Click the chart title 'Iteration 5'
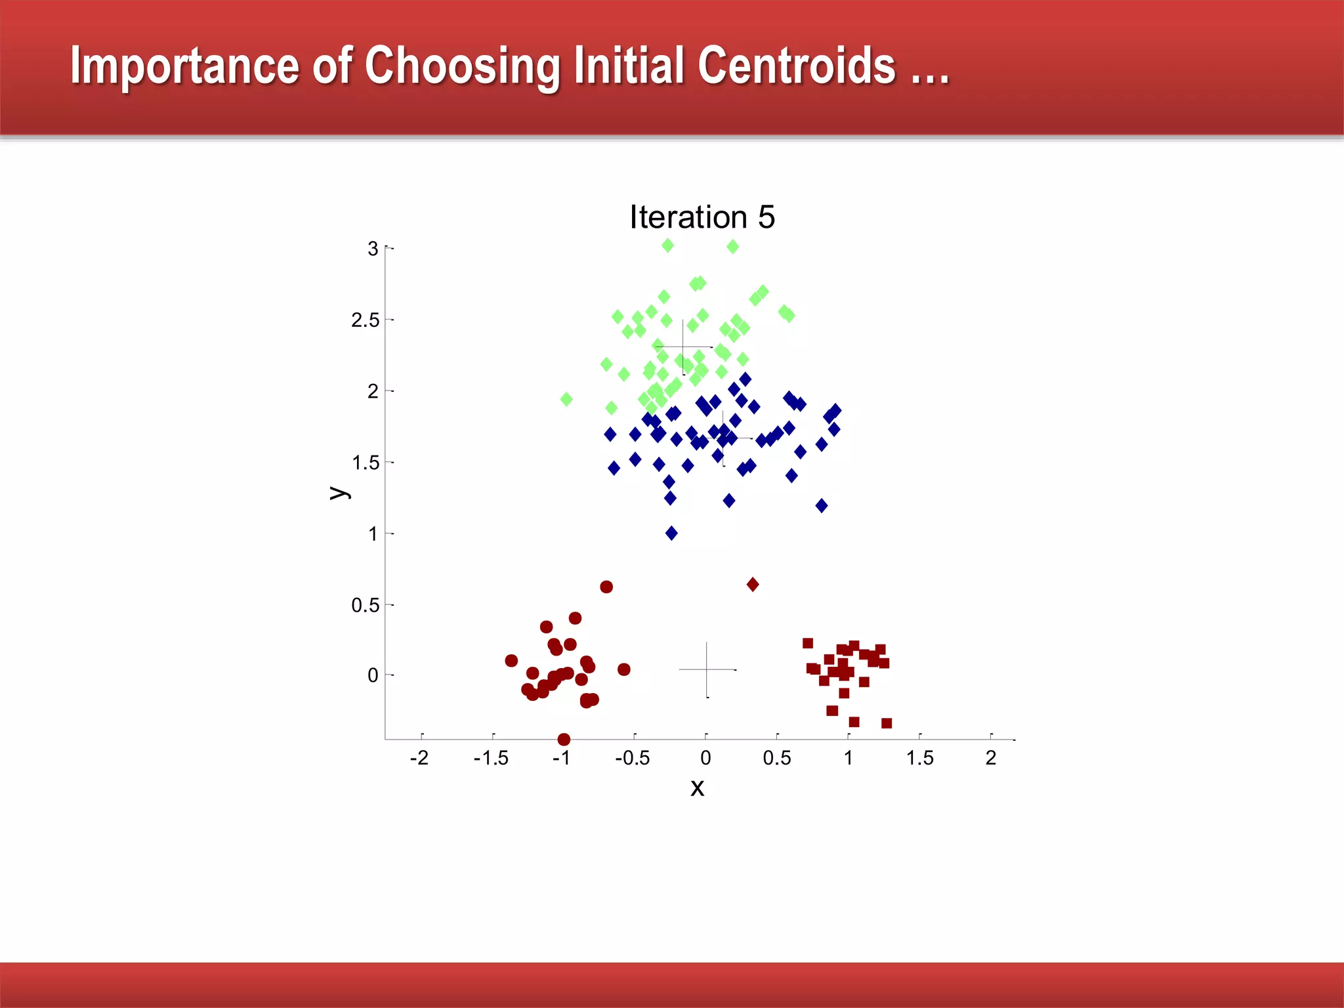(702, 217)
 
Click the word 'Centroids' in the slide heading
(796, 66)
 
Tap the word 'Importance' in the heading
(184, 66)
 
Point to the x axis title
(697, 787)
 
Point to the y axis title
(339, 492)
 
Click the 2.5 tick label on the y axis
(365, 320)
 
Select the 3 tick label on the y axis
(373, 249)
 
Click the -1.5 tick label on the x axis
(491, 758)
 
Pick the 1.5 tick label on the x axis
(919, 758)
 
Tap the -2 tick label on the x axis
(419, 758)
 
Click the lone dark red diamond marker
(753, 584)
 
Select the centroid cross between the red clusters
(707, 669)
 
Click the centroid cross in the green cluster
(683, 346)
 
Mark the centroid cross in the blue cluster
(723, 438)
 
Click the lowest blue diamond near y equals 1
(671, 533)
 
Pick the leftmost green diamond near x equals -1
(566, 399)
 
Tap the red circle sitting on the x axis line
(564, 740)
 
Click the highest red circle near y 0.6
(606, 587)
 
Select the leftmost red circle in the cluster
(511, 660)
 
